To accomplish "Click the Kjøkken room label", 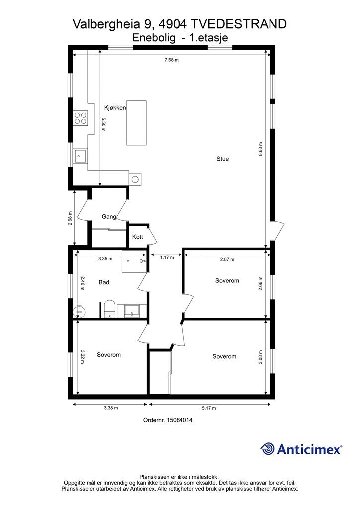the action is (x=115, y=108).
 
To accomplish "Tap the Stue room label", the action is (x=223, y=159).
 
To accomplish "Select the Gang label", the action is (x=109, y=217).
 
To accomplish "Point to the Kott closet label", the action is (x=137, y=237).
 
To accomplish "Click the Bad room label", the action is (x=104, y=282).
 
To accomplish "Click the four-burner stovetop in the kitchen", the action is (x=80, y=118).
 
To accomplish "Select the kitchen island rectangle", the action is (x=137, y=123).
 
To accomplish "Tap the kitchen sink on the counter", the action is (x=80, y=156).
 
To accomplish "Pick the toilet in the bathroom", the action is (x=109, y=309).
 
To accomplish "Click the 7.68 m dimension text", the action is (x=172, y=60).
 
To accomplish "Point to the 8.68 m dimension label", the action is (x=260, y=149).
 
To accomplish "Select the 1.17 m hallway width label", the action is (x=167, y=258).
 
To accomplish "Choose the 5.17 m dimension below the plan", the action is (x=209, y=408).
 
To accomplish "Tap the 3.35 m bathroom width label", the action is (x=105, y=259).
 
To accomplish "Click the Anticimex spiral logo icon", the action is (x=268, y=449).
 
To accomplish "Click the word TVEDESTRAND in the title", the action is (x=239, y=24).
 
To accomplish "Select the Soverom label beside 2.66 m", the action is (x=227, y=281).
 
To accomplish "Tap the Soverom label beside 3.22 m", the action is (x=109, y=355).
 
